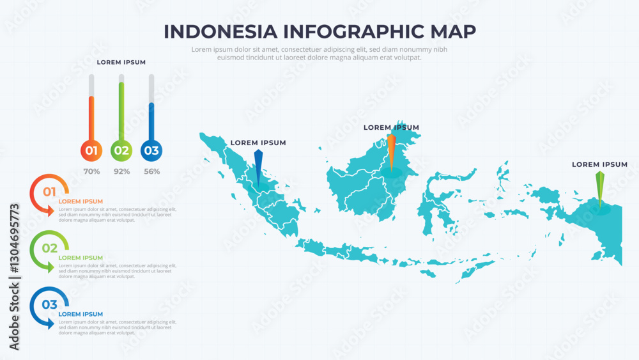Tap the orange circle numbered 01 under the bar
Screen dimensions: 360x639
[91, 151]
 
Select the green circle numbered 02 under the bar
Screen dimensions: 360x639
[121, 151]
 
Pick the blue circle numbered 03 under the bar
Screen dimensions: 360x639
[151, 151]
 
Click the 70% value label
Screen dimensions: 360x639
[91, 171]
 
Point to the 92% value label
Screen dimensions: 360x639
[121, 171]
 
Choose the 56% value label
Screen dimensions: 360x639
[151, 171]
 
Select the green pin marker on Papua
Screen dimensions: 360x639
[599, 189]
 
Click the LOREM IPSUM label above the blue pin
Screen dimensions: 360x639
[258, 143]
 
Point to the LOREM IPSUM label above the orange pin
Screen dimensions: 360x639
[391, 127]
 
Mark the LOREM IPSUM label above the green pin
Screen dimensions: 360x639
[599, 164]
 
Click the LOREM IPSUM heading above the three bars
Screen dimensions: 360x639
[121, 62]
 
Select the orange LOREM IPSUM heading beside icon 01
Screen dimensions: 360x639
[81, 201]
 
